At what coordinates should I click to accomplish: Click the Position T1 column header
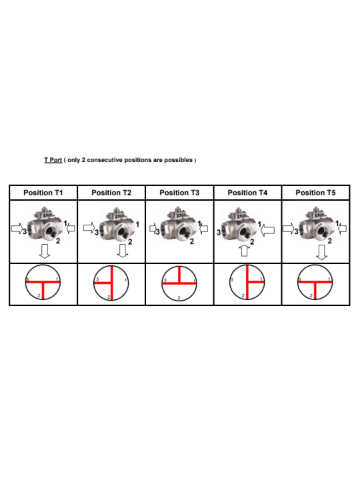point(43,193)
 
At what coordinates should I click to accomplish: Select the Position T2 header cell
point(111,193)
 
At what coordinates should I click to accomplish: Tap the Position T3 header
point(179,193)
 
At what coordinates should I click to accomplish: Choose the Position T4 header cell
point(247,193)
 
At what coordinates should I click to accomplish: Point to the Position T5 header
point(315,193)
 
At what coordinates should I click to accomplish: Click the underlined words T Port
point(53,160)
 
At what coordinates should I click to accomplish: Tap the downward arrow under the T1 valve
point(45,251)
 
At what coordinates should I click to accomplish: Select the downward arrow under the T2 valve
point(123,251)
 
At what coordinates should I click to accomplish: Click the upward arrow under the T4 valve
point(244,251)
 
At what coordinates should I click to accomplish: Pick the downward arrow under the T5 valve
point(322,252)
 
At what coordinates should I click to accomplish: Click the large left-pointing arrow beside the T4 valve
point(267,231)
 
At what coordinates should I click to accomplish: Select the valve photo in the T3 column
point(178,225)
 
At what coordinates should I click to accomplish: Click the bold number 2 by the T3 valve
point(192,241)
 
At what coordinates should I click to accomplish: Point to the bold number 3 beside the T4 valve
point(219,233)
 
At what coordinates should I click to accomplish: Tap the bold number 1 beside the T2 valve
point(137,225)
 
